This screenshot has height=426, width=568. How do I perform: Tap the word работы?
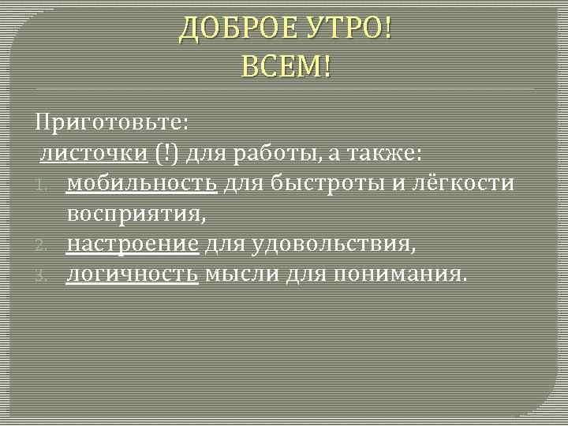(276, 153)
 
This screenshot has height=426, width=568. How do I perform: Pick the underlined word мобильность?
(142, 184)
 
